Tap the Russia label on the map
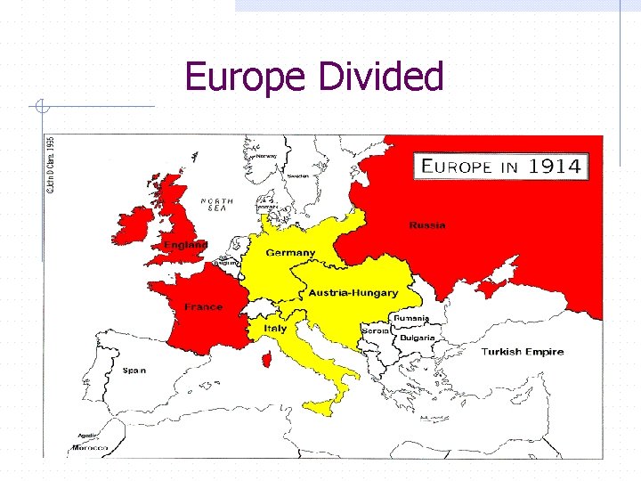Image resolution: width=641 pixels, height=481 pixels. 427,225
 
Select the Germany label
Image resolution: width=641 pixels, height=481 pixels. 290,253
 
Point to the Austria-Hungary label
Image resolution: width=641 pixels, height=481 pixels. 353,293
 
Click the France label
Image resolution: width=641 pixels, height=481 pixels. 203,307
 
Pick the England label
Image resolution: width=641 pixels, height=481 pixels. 185,244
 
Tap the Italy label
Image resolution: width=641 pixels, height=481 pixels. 275,328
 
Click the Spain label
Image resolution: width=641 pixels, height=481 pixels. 134,370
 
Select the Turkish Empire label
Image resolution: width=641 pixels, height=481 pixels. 523,352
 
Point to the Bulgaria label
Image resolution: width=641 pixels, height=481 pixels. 417,338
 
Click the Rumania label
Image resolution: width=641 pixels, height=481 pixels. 412,318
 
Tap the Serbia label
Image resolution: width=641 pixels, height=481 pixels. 375,330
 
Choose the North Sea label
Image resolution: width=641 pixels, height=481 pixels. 217,204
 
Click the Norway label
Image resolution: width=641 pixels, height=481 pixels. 266,156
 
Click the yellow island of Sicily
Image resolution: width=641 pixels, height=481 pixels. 320,407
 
